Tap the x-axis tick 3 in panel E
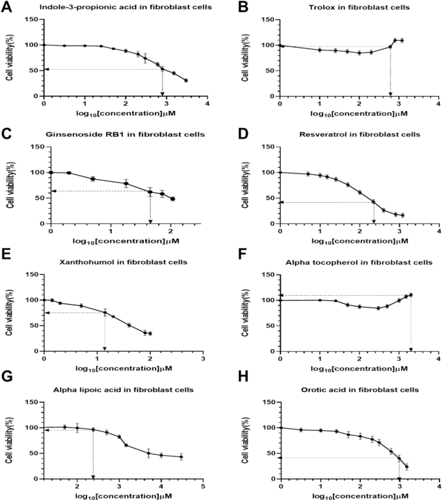click(203, 359)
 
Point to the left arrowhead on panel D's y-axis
click(281, 202)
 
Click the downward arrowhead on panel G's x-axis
click(94, 476)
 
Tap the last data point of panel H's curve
click(407, 466)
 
